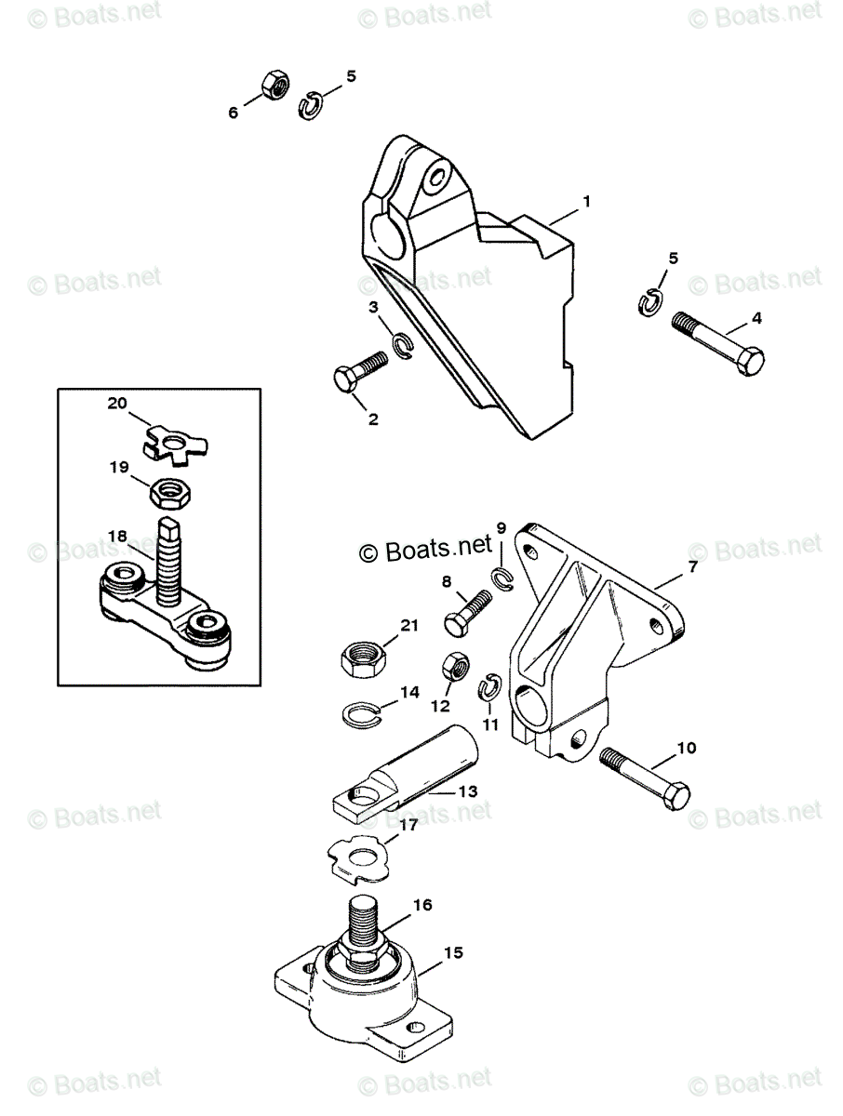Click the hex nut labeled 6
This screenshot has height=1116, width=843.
click(274, 86)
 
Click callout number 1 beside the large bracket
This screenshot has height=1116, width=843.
click(587, 201)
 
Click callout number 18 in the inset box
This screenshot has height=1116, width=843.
click(117, 537)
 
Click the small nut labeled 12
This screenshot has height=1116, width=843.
click(454, 666)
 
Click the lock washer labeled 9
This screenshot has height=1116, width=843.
click(503, 578)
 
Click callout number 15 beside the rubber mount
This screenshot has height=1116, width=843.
click(453, 953)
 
